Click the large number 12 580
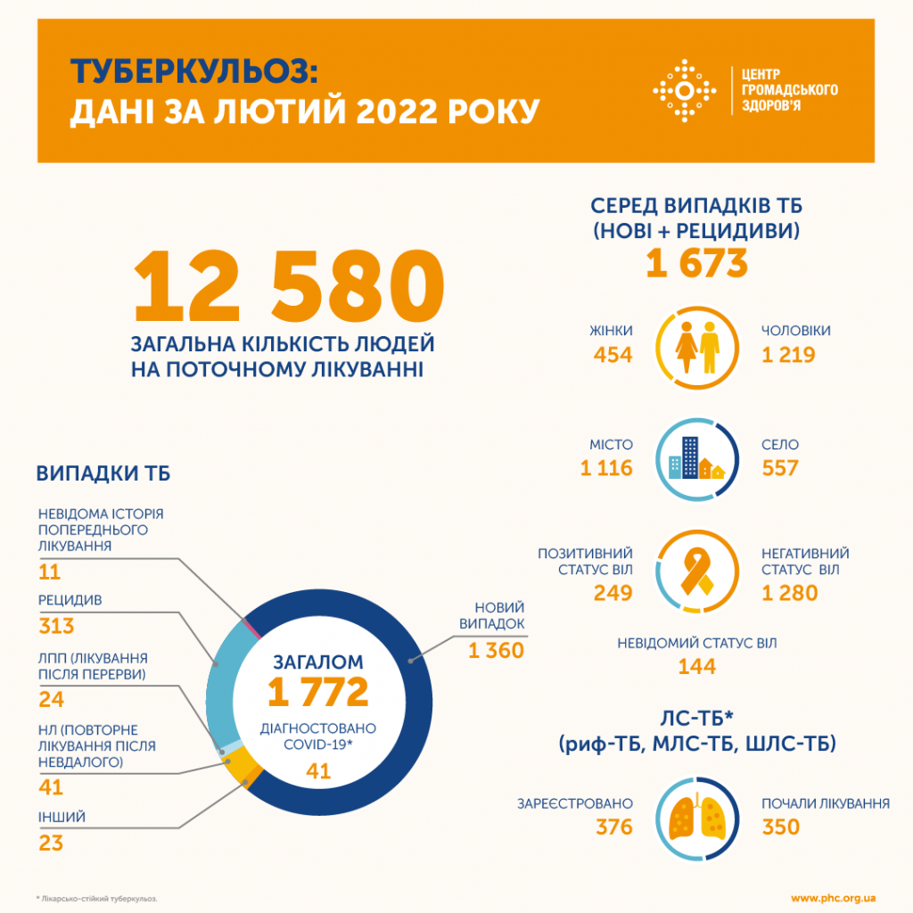(x=288, y=288)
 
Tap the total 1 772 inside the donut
(x=318, y=691)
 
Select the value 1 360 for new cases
(x=496, y=651)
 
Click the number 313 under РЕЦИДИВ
(x=56, y=626)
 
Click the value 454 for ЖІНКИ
(x=613, y=355)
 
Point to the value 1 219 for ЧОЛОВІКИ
(x=788, y=355)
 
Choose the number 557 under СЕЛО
(x=780, y=468)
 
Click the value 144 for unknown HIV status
(x=697, y=665)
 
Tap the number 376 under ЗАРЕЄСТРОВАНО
(x=614, y=827)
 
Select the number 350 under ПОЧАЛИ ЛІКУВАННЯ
(x=781, y=827)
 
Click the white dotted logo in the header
(x=684, y=91)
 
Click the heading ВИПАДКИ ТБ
(x=103, y=473)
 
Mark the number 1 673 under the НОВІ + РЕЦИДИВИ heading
(x=698, y=265)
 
